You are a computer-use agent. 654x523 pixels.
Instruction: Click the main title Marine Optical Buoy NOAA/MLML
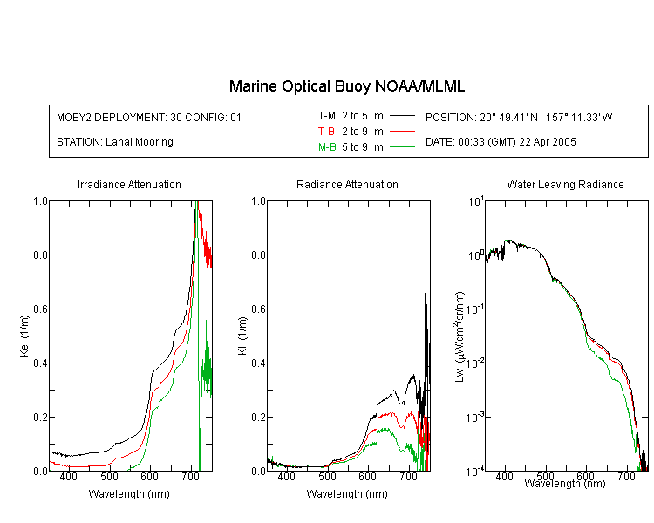coord(346,86)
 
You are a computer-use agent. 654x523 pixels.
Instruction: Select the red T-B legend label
coord(326,132)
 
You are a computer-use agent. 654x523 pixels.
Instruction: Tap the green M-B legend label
coord(327,147)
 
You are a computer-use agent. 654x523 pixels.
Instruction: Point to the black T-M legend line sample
coord(402,116)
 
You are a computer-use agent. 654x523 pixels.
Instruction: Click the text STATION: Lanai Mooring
coord(115,142)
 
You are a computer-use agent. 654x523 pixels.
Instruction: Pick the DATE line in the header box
coord(501,142)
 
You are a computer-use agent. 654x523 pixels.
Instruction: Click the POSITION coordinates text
coord(519,117)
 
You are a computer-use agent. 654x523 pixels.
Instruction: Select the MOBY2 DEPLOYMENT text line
coord(149,117)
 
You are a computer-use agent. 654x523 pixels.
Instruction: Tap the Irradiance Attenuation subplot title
coord(129,184)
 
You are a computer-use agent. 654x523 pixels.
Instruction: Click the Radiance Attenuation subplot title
coord(347,184)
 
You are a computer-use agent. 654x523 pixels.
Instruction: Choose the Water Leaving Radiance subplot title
coord(565,184)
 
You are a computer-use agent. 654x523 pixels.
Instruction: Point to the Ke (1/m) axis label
coord(24,336)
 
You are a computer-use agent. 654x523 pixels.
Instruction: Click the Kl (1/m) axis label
coord(242,336)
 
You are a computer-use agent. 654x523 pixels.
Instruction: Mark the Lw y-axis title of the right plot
coord(460,336)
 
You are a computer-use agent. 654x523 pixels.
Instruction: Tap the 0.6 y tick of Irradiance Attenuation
coord(40,309)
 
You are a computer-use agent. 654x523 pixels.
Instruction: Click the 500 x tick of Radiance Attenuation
coord(327,476)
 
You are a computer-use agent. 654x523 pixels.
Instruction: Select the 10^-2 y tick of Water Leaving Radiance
coord(474,362)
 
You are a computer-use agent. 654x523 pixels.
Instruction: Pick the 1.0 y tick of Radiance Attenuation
coord(258,201)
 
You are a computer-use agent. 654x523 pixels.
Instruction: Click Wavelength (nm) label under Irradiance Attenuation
coord(129,494)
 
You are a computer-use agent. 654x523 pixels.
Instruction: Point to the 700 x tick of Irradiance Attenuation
coord(191,476)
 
